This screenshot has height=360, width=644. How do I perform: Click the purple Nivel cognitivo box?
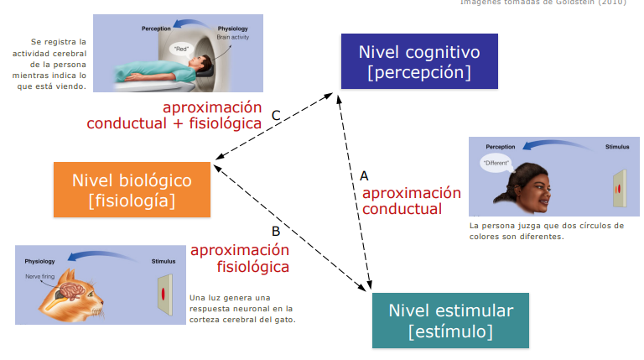coord(419,61)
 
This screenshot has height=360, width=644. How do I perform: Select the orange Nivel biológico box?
coord(132,190)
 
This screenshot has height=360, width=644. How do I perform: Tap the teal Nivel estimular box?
coord(450,321)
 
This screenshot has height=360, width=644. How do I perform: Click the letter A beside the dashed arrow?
coord(364,175)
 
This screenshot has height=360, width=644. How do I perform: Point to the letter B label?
coord(275,231)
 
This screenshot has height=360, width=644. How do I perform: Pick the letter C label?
coord(275,115)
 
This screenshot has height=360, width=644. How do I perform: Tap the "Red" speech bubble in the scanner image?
coord(181,49)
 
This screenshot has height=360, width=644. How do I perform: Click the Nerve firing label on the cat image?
coord(39,275)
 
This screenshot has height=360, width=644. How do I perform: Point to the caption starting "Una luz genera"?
coord(243,308)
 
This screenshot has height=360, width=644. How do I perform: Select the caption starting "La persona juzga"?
coord(546,231)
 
